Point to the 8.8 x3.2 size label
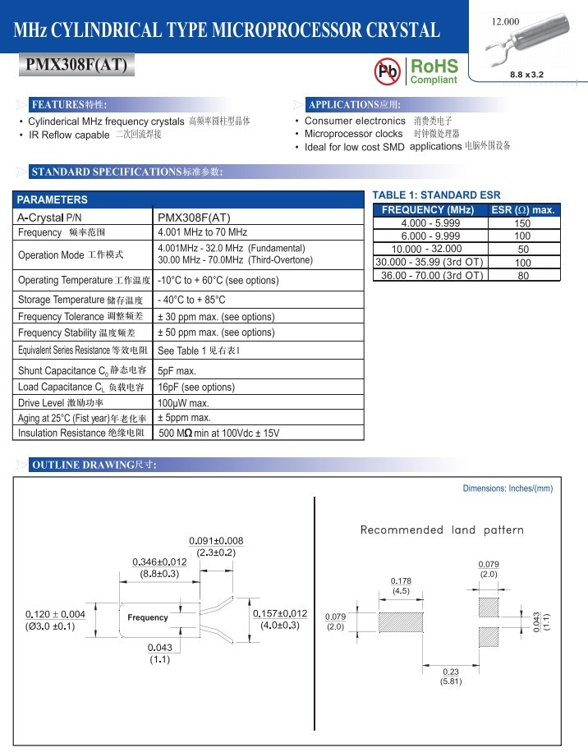pyautogui.click(x=526, y=75)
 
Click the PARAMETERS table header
pyautogui.click(x=53, y=199)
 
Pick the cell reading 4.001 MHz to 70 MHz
pyautogui.click(x=202, y=232)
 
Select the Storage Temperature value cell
pyautogui.click(x=191, y=300)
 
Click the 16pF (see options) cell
pyautogui.click(x=195, y=387)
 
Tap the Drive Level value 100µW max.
pyautogui.click(x=183, y=403)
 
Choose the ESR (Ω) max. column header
pyautogui.click(x=522, y=210)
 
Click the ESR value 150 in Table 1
pyautogui.click(x=522, y=223)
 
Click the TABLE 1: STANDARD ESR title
pyautogui.click(x=436, y=195)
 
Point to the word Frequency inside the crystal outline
pyautogui.click(x=148, y=617)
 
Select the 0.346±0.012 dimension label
pyautogui.click(x=159, y=562)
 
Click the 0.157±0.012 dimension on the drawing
pyautogui.click(x=279, y=613)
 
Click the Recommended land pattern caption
pyautogui.click(x=442, y=530)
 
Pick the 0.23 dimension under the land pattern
pyautogui.click(x=451, y=672)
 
